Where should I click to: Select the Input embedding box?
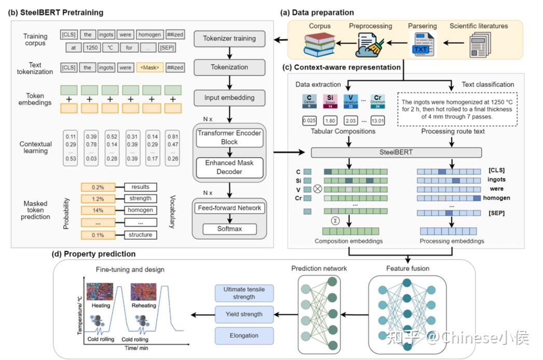tap(229, 98)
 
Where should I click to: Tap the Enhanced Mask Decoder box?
tap(229, 167)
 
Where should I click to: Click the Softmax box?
tap(229, 228)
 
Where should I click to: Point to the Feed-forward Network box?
tap(229, 208)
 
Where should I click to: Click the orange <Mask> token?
tap(150, 67)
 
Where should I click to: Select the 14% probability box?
tap(96, 210)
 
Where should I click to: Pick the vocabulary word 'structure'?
tap(141, 234)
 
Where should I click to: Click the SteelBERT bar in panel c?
tap(396, 153)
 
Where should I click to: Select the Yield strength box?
tap(244, 314)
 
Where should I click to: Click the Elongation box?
tap(244, 335)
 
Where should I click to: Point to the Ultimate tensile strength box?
tap(244, 293)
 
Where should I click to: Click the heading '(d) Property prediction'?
tap(93, 254)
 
